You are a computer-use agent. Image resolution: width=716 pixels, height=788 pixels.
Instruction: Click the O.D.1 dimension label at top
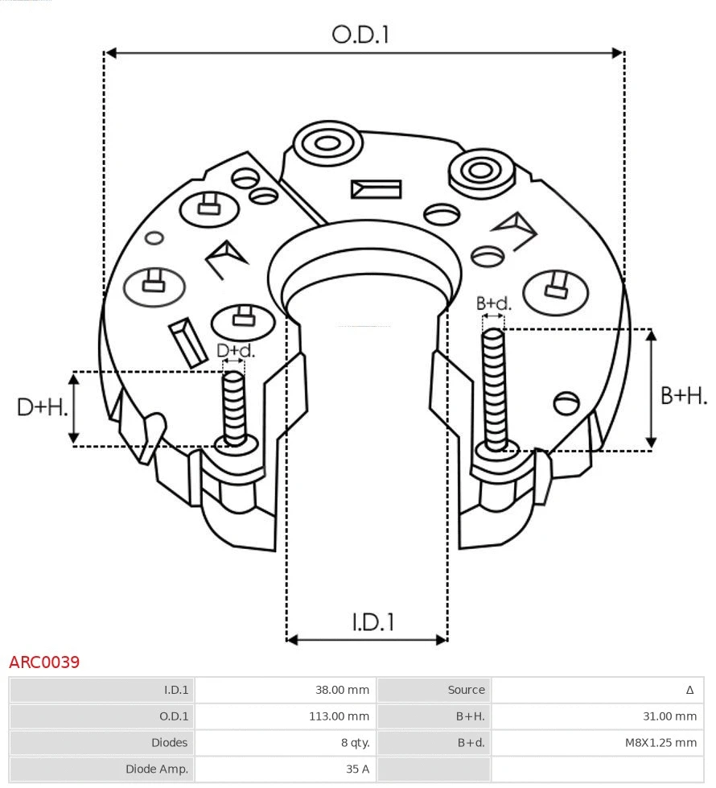[x=360, y=35]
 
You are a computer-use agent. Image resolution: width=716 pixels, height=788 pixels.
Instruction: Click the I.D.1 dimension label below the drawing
[x=372, y=622]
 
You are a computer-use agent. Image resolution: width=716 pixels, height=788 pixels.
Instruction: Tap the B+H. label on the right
[x=683, y=395]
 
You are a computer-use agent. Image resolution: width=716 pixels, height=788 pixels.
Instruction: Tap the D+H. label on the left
[x=42, y=407]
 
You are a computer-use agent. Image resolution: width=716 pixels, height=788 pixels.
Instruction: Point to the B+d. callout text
[x=493, y=303]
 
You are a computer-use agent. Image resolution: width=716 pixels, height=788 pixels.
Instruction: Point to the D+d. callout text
[x=235, y=351]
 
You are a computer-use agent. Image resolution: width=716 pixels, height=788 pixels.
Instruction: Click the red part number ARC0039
[x=44, y=662]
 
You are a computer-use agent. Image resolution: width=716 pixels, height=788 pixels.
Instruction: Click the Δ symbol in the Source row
[x=689, y=690]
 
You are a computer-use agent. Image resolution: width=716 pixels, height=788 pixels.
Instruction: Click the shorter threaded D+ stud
[x=234, y=406]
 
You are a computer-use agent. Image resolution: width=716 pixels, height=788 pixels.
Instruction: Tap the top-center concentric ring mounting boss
[x=327, y=145]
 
